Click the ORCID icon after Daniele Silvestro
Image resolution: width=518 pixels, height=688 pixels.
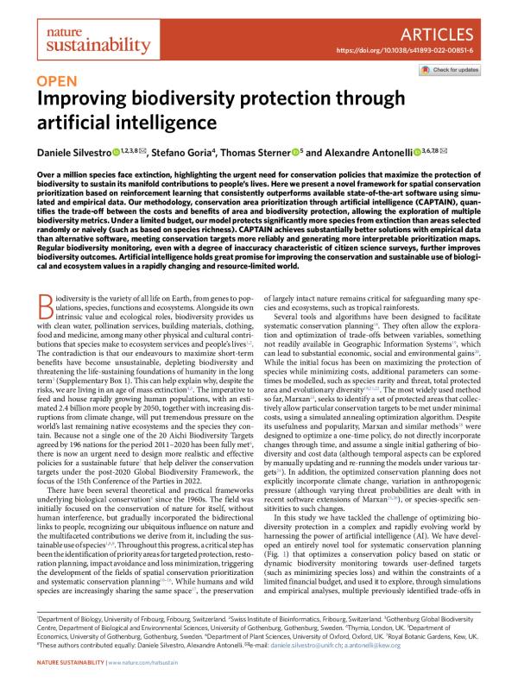(117, 151)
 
